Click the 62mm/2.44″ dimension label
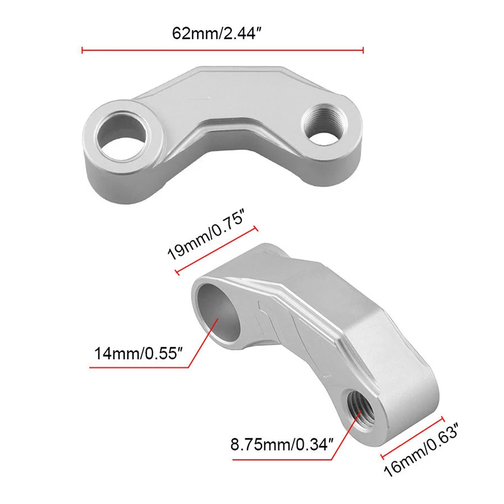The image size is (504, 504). pos(217,33)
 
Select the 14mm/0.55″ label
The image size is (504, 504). pos(139,353)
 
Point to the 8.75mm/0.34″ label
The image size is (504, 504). pos(282,445)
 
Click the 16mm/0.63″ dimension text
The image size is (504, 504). pos(421,450)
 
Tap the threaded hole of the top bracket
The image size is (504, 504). pos(324,124)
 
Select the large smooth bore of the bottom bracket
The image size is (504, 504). pos(219,314)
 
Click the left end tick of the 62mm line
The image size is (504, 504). pos(83,50)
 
